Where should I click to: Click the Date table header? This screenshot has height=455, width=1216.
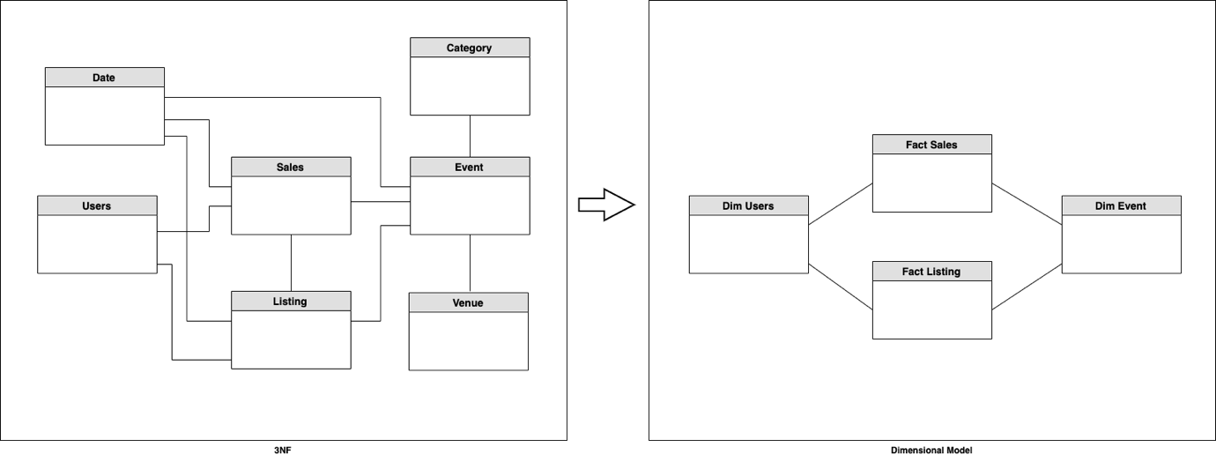coord(104,78)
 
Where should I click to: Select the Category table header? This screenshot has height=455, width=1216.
coord(470,48)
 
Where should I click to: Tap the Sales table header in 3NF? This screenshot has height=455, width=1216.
coord(291,167)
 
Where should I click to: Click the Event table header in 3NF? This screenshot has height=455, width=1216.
coord(470,167)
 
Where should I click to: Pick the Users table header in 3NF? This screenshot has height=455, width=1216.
coord(97,205)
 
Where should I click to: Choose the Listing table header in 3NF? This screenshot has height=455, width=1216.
coord(291,301)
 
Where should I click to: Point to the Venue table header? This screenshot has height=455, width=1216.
coord(469,302)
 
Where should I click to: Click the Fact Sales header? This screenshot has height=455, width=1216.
coord(931,144)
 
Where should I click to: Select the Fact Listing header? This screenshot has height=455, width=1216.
coord(931,271)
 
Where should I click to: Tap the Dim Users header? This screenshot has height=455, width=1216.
coord(748,205)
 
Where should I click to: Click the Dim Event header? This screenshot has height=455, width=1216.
coord(1121,205)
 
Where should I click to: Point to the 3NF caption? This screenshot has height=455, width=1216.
coord(284,449)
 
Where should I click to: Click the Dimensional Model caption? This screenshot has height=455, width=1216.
coord(931,449)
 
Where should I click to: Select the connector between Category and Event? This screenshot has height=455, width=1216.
coord(470,136)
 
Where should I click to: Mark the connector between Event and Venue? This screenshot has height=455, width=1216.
coord(470,263)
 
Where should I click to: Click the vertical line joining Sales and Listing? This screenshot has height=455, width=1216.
coord(291,263)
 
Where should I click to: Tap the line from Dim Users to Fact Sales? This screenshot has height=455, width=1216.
coord(840,204)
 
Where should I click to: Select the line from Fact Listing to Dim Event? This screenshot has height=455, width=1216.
coord(1027,285)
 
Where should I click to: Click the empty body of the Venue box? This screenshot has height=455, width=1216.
coord(469,341)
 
